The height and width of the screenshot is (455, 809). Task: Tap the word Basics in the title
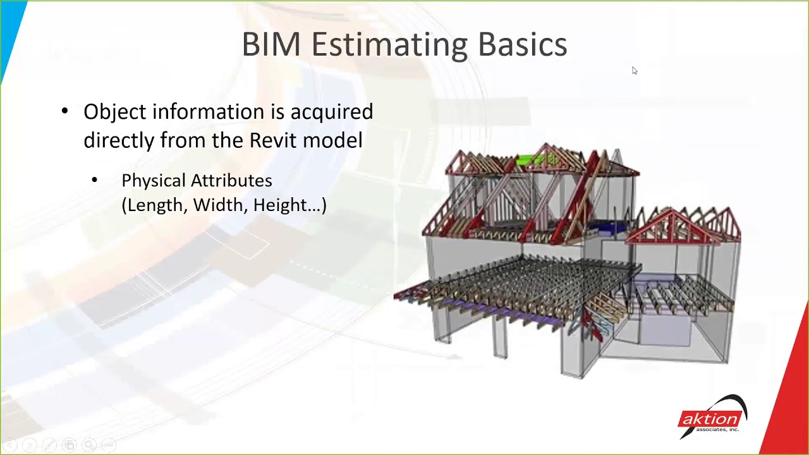[522, 45]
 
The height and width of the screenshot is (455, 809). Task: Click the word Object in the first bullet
[114, 112]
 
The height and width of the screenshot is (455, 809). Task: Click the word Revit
[273, 140]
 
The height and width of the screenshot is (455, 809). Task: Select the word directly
[118, 140]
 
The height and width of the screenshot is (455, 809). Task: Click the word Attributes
[234, 181]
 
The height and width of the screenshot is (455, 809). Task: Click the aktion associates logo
[712, 417]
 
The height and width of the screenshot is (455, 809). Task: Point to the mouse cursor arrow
[635, 71]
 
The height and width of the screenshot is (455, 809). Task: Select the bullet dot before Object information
[64, 112]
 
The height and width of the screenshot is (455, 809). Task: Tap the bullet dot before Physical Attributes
[95, 181]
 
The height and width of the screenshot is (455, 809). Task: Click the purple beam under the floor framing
[499, 311]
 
